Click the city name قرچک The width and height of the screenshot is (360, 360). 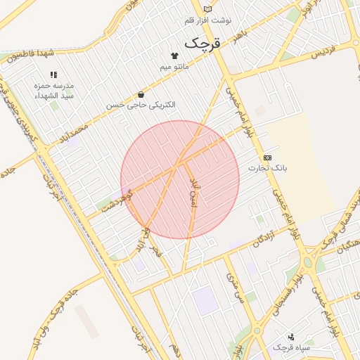[202, 43]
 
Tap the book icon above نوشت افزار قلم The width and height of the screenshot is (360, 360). [207, 8]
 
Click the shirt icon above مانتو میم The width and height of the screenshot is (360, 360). [174, 55]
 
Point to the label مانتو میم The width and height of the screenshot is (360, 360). [174, 66]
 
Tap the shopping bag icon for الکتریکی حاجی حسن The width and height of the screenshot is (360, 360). [141, 94]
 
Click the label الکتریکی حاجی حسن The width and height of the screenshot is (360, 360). [141, 105]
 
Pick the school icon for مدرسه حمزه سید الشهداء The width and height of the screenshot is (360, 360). [53, 74]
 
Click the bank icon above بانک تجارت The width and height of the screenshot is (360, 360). [267, 157]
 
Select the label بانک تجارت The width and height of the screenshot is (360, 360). [268, 169]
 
